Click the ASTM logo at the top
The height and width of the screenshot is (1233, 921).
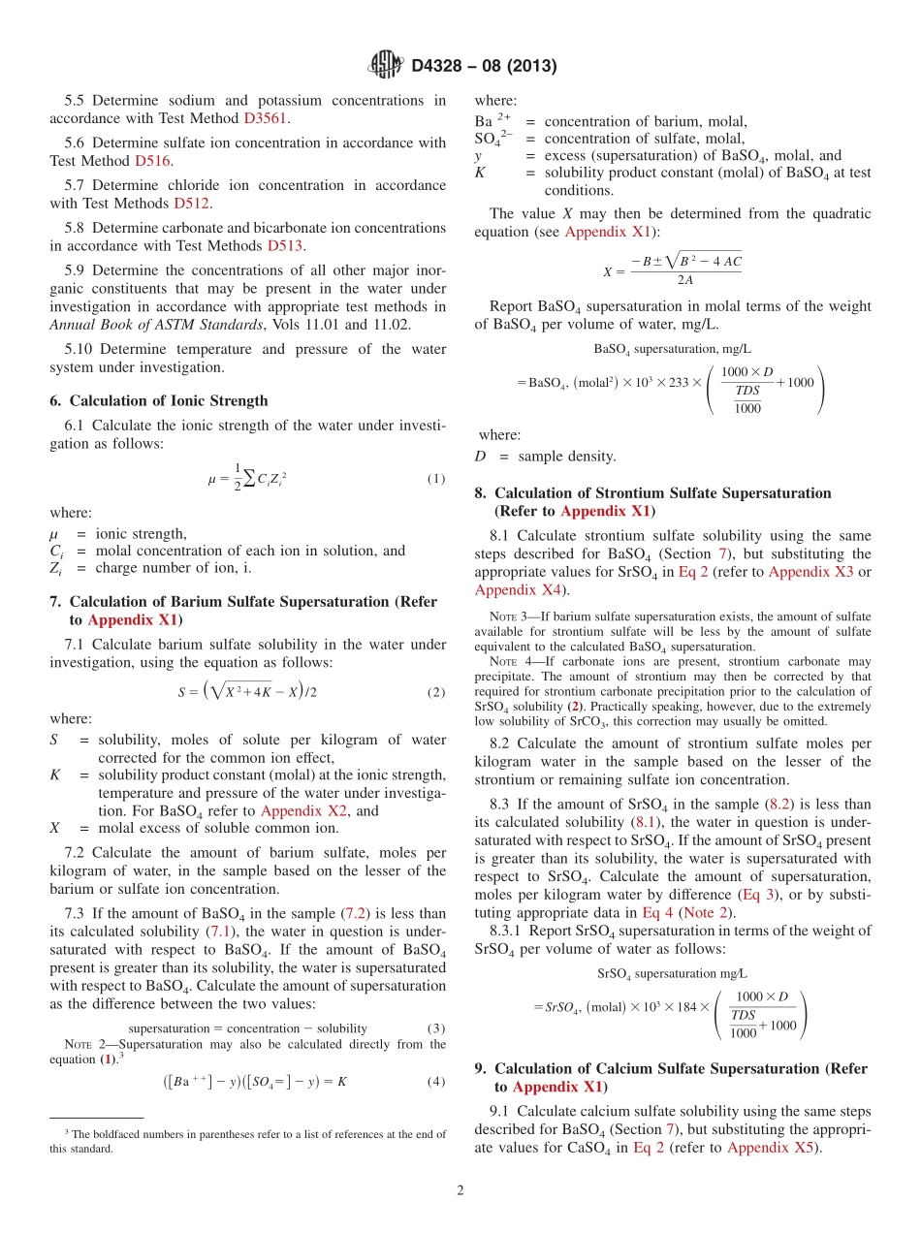(x=385, y=66)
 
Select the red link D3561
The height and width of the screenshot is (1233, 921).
(x=266, y=118)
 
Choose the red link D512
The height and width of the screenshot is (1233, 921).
(x=192, y=204)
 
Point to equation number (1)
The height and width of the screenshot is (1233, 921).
(x=435, y=479)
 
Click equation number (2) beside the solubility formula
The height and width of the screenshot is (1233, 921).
(x=435, y=692)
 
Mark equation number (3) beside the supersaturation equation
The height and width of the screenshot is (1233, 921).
(x=435, y=1027)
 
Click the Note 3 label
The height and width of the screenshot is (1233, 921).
(x=508, y=616)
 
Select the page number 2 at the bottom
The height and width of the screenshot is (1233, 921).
(x=460, y=1191)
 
